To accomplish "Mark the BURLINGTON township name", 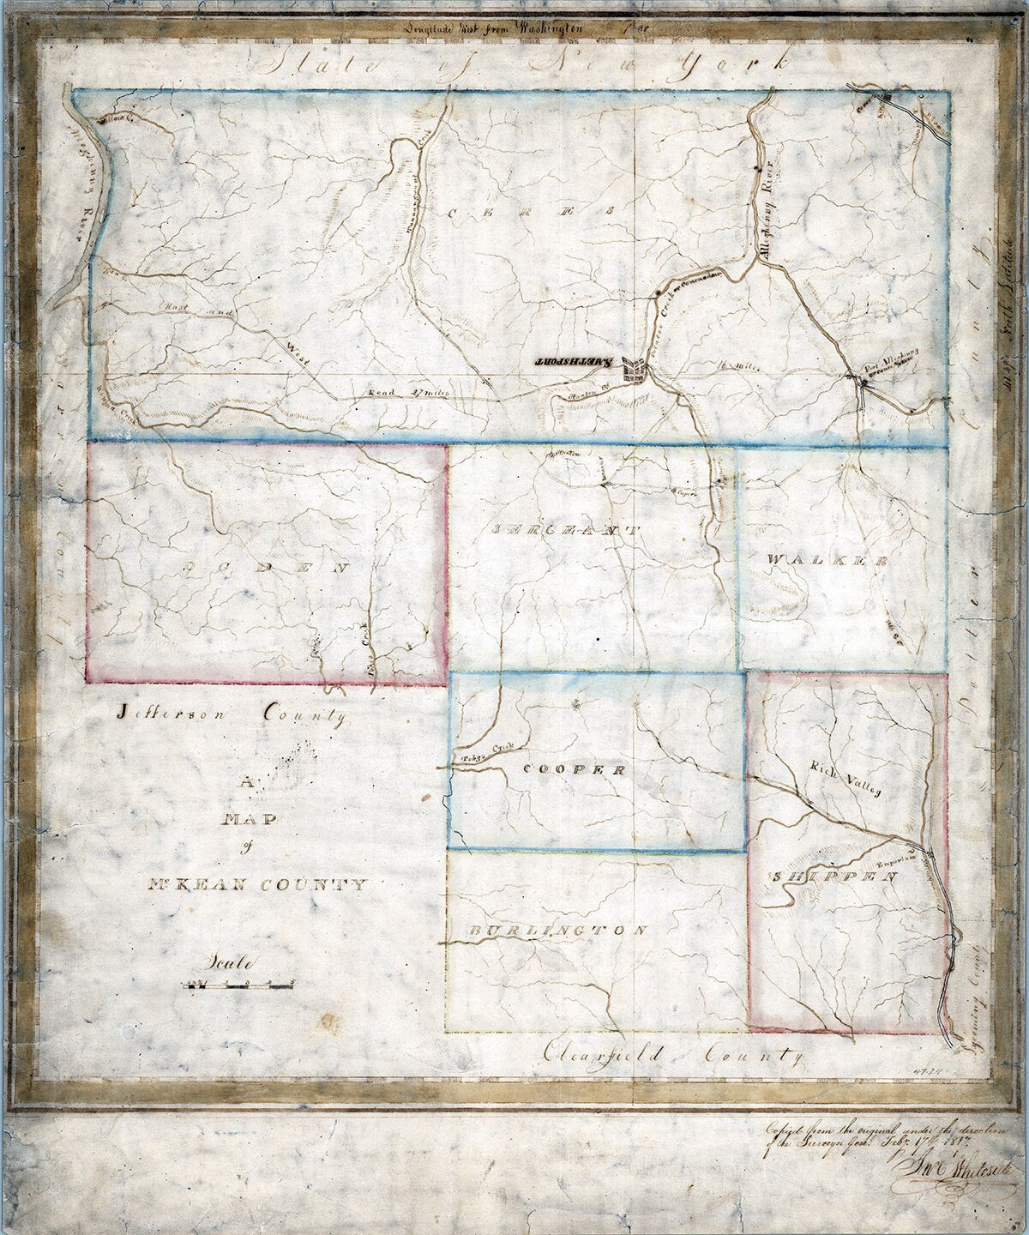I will coord(558,931).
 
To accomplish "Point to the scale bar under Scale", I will coord(241,985).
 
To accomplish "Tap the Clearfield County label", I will coord(673,1056).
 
